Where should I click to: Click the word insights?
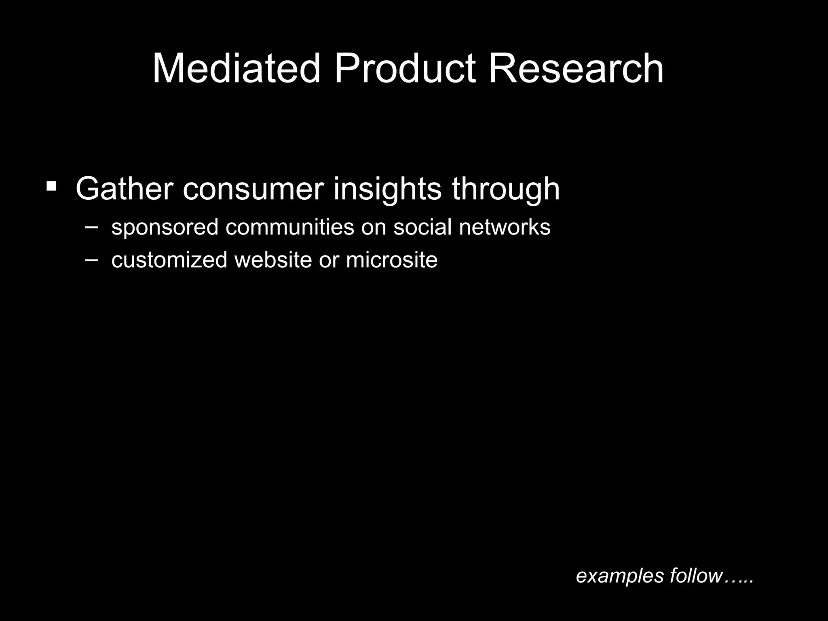pyautogui.click(x=387, y=189)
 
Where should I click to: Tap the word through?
pyautogui.click(x=506, y=189)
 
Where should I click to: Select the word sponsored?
pyautogui.click(x=165, y=227)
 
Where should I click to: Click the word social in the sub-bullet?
pyautogui.click(x=422, y=227)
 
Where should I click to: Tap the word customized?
pyautogui.click(x=169, y=260)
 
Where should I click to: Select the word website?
pyautogui.click(x=273, y=260)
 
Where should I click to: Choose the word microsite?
pyautogui.click(x=391, y=260)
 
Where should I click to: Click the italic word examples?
pyautogui.click(x=620, y=576)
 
